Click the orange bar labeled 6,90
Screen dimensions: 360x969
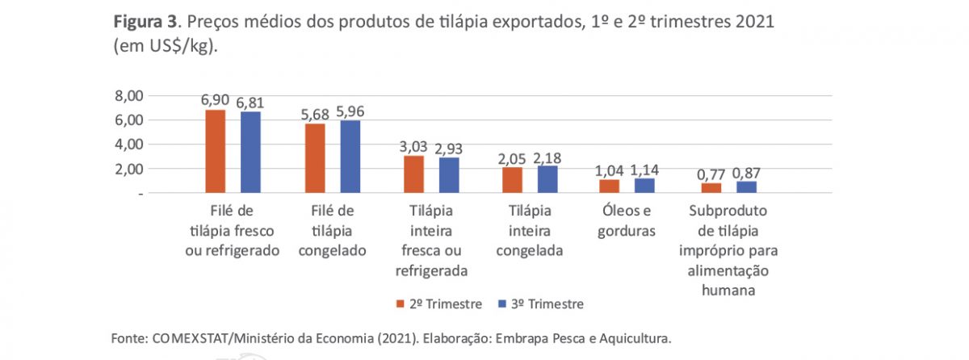click(216, 152)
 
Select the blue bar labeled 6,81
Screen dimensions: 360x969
click(251, 153)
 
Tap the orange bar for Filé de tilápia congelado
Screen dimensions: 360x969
click(315, 159)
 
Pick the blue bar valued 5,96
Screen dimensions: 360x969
click(350, 157)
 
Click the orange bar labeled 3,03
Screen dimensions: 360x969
click(413, 175)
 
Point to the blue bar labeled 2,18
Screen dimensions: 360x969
click(547, 180)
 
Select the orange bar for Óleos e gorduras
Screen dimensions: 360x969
click(609, 186)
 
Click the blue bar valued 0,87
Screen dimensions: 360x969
click(745, 188)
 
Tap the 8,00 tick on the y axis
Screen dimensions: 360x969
click(128, 96)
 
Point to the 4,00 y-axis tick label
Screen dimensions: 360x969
click(128, 144)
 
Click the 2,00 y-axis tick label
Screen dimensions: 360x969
click(128, 170)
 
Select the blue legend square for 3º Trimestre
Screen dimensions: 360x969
click(501, 304)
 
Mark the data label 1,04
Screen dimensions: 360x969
click(610, 170)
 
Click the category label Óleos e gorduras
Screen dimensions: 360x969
click(627, 220)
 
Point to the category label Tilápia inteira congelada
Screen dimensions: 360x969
click(530, 230)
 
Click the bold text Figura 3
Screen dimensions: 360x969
click(141, 22)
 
